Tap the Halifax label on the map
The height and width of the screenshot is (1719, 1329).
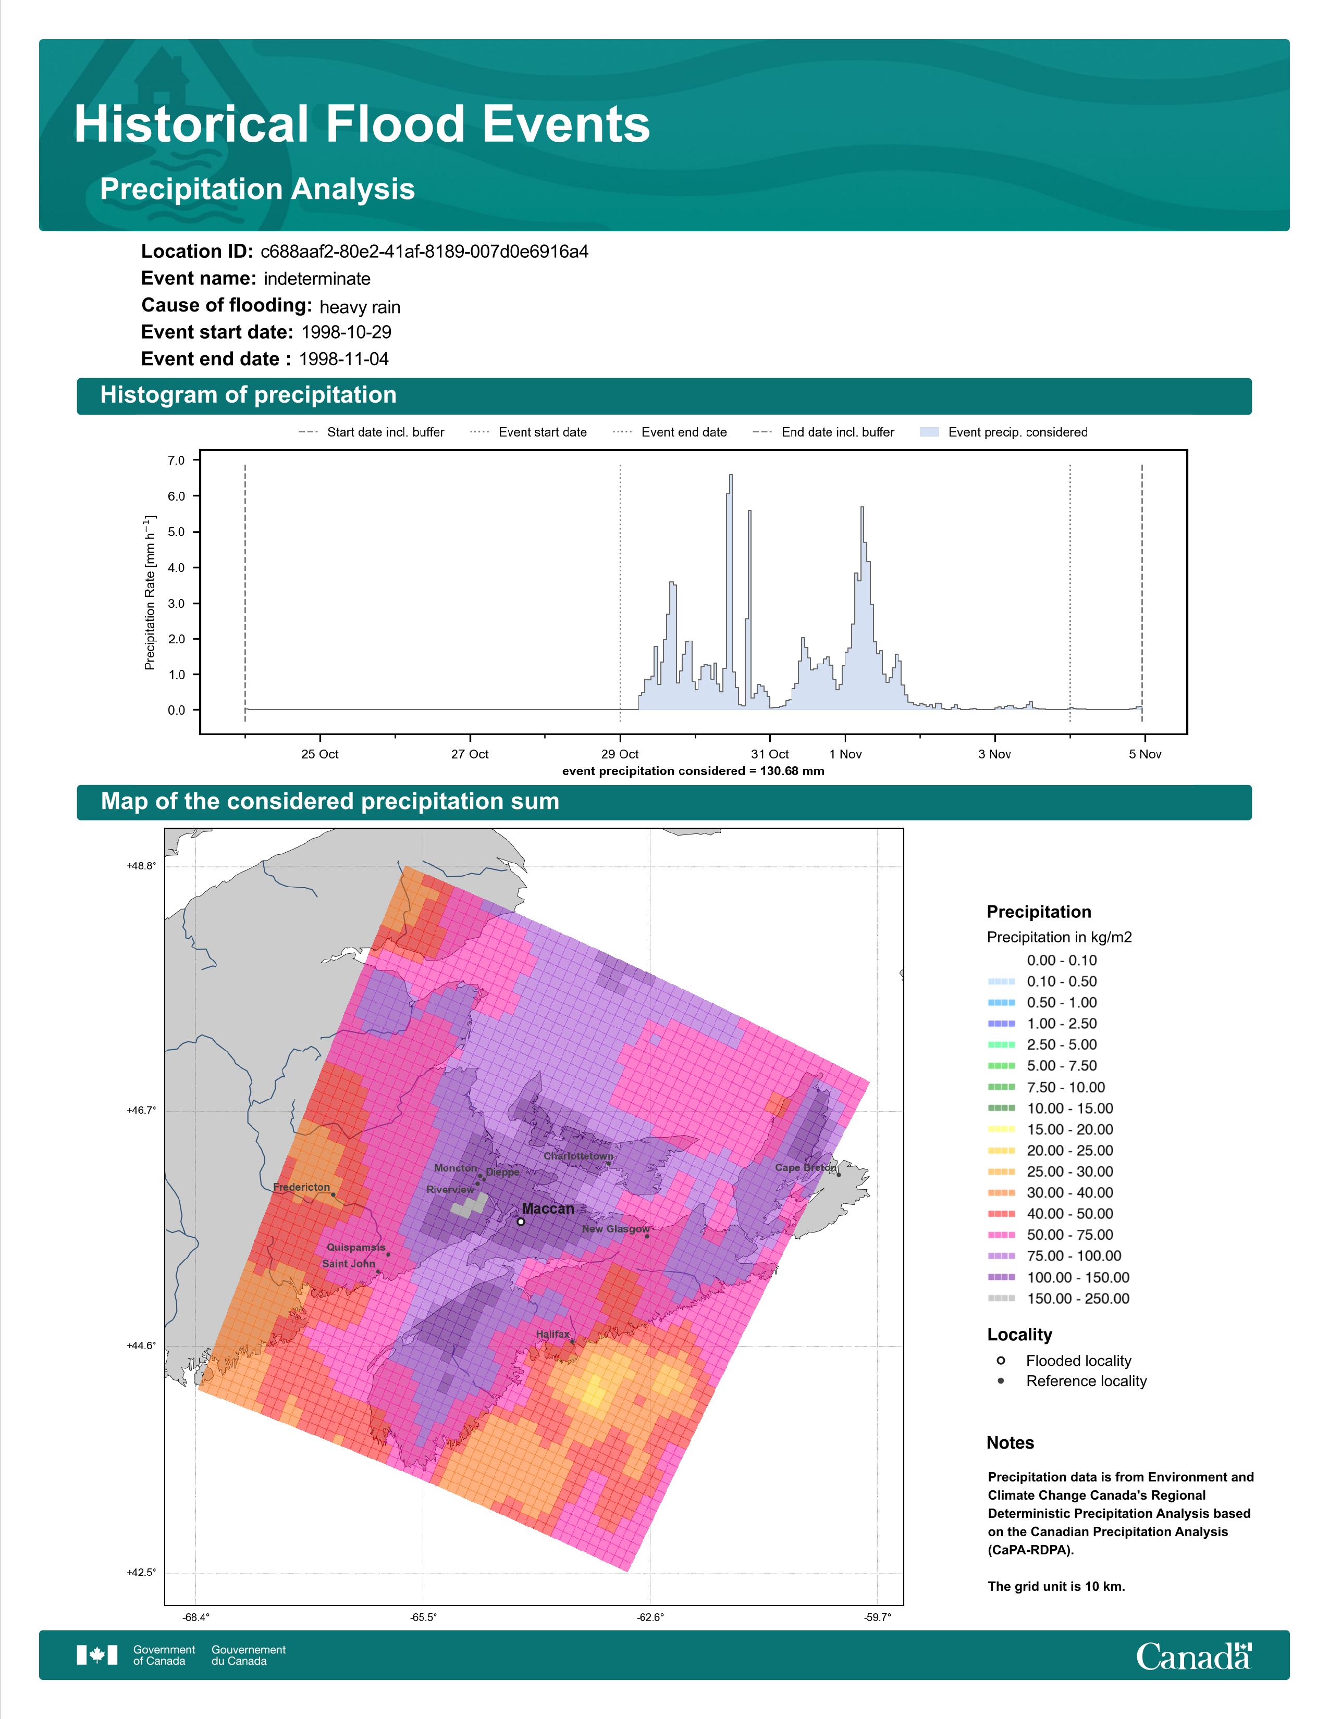(x=552, y=1334)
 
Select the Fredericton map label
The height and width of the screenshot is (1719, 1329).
(x=302, y=1187)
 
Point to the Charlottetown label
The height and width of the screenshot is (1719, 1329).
(x=578, y=1156)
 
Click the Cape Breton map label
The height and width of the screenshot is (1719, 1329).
(x=805, y=1167)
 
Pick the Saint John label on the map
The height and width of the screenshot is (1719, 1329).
(x=349, y=1263)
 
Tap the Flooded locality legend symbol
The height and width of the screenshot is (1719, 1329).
(x=1001, y=1360)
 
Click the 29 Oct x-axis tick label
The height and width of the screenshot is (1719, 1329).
(x=620, y=754)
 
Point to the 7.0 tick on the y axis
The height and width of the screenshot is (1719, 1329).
(x=176, y=460)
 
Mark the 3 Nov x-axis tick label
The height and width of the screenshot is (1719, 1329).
(x=994, y=754)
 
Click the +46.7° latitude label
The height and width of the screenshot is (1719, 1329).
(x=142, y=1111)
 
